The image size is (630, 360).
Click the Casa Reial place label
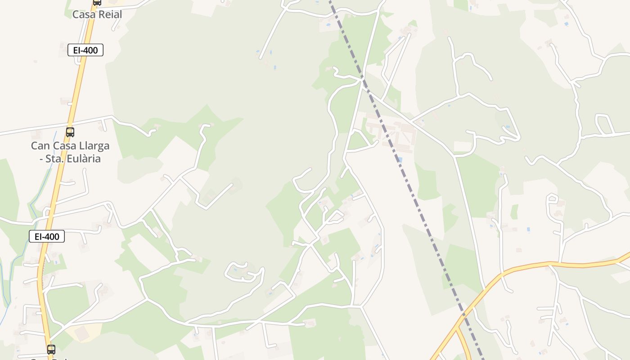[x=97, y=14]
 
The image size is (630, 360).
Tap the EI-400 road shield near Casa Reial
[x=85, y=50]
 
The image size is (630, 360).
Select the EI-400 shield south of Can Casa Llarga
[x=47, y=236]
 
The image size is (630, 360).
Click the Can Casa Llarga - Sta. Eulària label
[x=70, y=152]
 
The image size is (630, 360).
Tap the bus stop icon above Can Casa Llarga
[x=70, y=132]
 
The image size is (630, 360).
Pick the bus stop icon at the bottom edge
[x=51, y=349]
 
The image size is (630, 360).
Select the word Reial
[x=110, y=14]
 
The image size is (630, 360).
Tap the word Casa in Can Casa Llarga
[x=65, y=146]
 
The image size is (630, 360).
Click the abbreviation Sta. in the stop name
[x=52, y=159]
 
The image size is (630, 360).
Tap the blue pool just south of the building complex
[x=400, y=159]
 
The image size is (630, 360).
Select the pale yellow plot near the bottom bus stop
[x=80, y=332]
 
